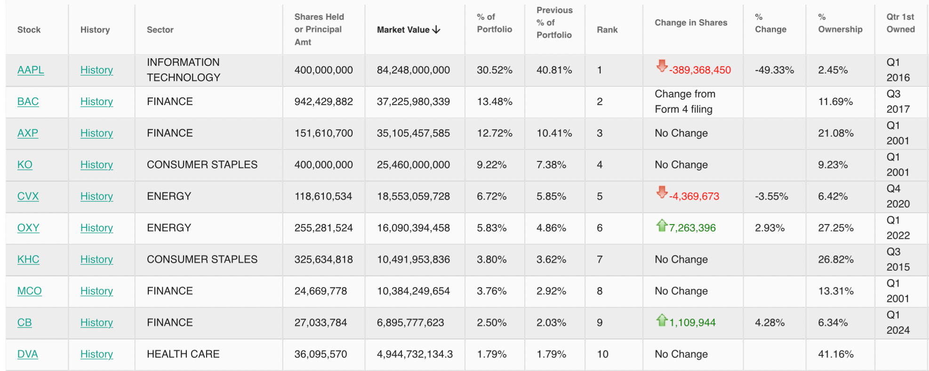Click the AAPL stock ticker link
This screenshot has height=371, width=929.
pyautogui.click(x=31, y=70)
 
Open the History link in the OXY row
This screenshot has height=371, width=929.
pyautogui.click(x=96, y=228)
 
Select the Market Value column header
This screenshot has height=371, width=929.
pyautogui.click(x=403, y=30)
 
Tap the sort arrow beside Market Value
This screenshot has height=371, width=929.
pyautogui.click(x=436, y=30)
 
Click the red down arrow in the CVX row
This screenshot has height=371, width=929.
pyautogui.click(x=662, y=192)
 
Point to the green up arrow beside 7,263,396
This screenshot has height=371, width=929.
pyautogui.click(x=662, y=226)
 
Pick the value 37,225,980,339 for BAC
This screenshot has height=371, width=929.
pyautogui.click(x=413, y=102)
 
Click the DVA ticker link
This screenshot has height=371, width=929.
pyautogui.click(x=28, y=354)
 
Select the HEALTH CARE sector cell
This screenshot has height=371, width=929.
pyautogui.click(x=183, y=354)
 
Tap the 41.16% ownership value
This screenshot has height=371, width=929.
pyautogui.click(x=835, y=354)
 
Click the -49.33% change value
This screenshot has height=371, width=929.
pyautogui.click(x=774, y=70)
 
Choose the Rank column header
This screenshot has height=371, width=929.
pyautogui.click(x=607, y=30)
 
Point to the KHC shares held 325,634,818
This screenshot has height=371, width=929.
pyautogui.click(x=323, y=259)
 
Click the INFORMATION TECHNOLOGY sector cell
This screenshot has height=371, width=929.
pyautogui.click(x=184, y=70)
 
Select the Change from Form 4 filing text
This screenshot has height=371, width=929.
pyautogui.click(x=685, y=102)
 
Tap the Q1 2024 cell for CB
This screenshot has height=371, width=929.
pyautogui.click(x=898, y=323)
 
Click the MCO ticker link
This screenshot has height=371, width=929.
pyautogui.click(x=29, y=291)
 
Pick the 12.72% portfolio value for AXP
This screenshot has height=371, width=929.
pyautogui.click(x=494, y=133)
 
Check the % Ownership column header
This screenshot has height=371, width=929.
pyautogui.click(x=840, y=23)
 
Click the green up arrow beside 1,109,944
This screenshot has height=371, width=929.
pyautogui.click(x=662, y=320)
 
